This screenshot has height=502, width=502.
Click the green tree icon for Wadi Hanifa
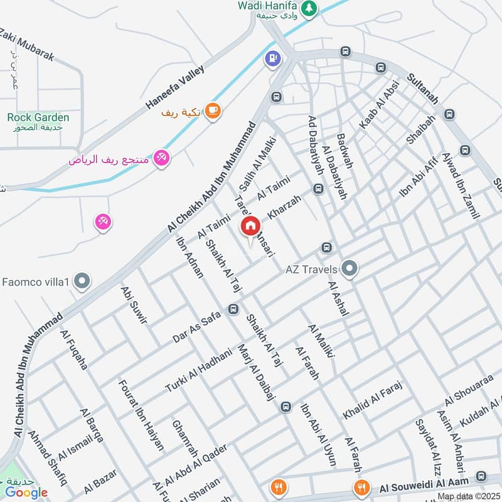tap(308, 8)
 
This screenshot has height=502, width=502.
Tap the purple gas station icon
tap(272, 59)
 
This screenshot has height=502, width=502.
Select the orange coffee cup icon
tap(213, 110)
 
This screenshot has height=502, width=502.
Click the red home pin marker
tap(250, 225)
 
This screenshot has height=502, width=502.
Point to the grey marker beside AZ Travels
tap(350, 269)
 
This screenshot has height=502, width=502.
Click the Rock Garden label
tap(38, 117)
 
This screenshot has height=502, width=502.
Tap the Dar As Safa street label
tap(197, 328)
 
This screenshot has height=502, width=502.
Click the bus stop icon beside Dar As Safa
tap(234, 309)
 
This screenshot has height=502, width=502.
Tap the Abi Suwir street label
tap(133, 304)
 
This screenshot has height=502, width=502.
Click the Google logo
tap(27, 493)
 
